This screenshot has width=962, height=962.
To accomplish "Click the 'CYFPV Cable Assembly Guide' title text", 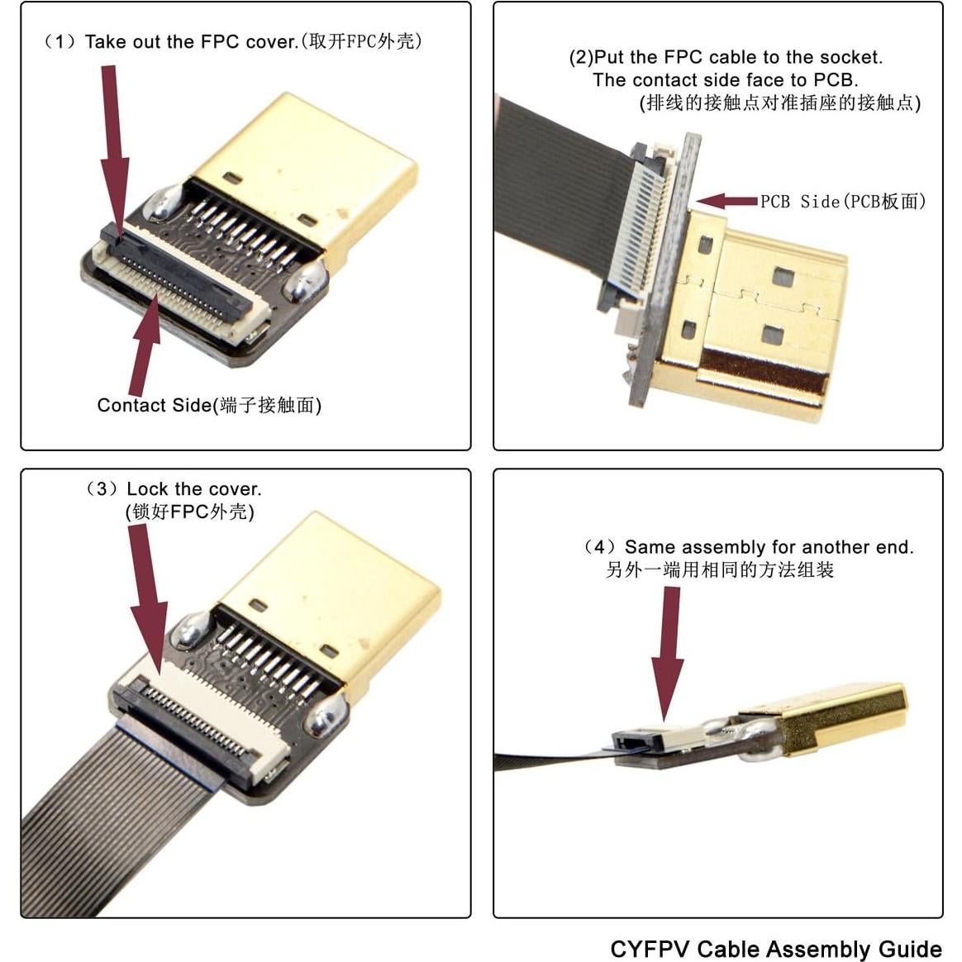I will [x=775, y=948].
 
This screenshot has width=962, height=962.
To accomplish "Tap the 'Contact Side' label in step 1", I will [x=154, y=405].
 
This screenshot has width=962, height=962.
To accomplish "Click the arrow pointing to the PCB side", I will [x=726, y=201].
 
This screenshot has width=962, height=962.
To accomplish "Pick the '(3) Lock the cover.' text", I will [x=174, y=488].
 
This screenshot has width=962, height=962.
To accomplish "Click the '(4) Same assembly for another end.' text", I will [x=748, y=547].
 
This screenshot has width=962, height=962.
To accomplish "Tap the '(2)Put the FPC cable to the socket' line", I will [x=725, y=57].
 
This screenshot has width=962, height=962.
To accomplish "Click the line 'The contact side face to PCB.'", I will [x=725, y=80].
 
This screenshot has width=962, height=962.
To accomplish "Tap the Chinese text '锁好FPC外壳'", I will [x=189, y=512].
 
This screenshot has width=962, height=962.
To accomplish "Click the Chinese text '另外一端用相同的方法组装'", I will [x=719, y=570].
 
